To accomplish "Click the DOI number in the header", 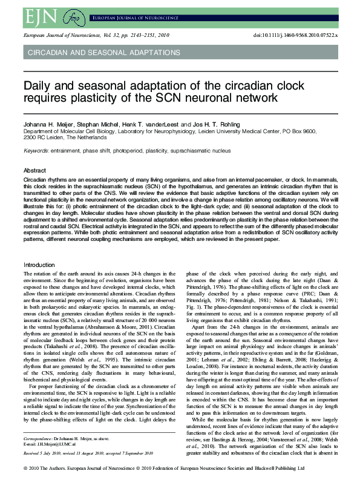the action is point(302,36).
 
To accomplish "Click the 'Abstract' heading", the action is point(34,170).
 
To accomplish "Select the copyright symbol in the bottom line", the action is point(24,485).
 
